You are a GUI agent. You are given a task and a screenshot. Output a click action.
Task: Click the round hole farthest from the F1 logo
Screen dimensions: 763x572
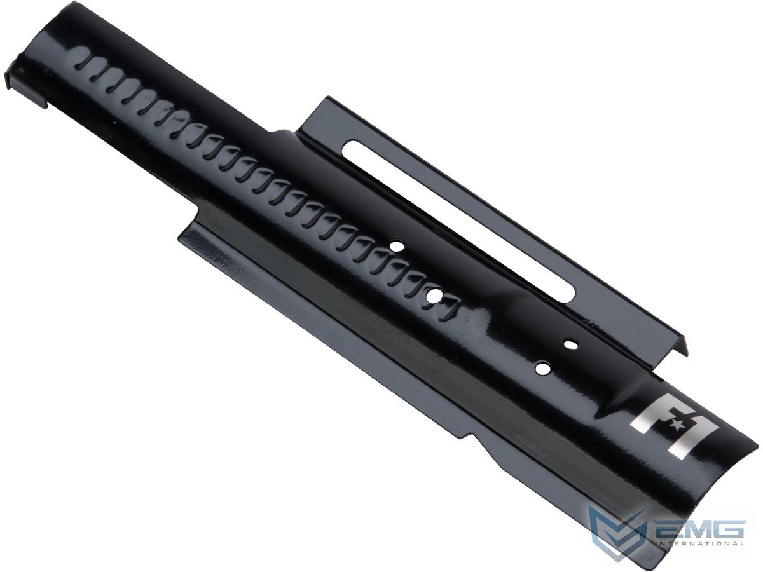396,246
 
